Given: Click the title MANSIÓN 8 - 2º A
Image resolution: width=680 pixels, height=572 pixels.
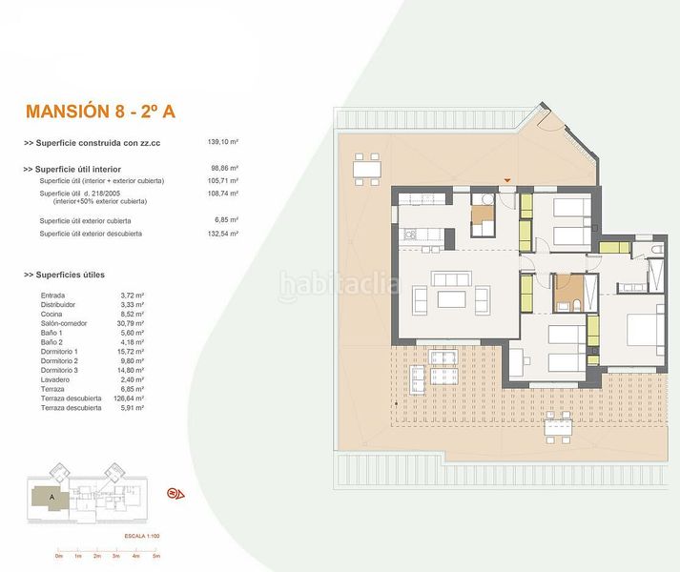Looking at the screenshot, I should point(101,112).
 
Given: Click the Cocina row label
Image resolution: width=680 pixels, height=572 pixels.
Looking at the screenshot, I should point(52,314).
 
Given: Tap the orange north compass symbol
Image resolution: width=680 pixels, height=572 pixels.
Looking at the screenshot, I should point(175,493).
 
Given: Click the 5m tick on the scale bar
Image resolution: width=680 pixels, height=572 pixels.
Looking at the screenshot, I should point(155,555).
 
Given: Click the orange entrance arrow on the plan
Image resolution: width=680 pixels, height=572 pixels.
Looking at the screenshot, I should point(508,179).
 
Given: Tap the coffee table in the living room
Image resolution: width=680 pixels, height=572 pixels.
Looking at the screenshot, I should point(450,299).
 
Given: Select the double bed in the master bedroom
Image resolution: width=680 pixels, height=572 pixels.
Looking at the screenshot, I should point(642,330).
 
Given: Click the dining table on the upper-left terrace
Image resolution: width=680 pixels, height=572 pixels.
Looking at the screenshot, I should point(367,172).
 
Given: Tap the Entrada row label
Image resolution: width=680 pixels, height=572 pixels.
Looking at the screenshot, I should point(53,296).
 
